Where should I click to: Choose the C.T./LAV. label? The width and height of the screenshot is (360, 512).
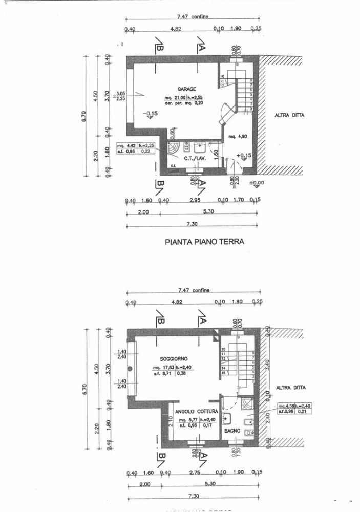point(194,159)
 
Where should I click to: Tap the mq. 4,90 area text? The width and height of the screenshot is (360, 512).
point(237,137)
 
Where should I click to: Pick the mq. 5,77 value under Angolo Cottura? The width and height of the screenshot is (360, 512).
point(184,420)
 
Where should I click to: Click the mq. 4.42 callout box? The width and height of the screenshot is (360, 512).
point(125,145)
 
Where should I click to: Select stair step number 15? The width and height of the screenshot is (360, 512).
point(223,373)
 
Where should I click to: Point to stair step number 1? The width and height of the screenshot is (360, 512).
point(251,109)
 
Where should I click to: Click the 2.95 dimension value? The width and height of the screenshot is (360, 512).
point(194,200)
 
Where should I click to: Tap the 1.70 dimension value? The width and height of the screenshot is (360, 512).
point(239,200)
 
